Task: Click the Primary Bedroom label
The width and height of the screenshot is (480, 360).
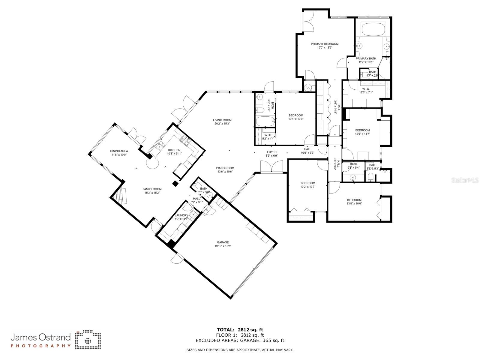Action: pyautogui.click(x=324, y=44)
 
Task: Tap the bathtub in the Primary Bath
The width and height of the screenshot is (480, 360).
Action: pyautogui.click(x=373, y=29)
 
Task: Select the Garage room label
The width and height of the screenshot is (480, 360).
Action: pyautogui.click(x=223, y=242)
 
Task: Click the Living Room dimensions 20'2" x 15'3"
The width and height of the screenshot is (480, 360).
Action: pyautogui.click(x=222, y=124)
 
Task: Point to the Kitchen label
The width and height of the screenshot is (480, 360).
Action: pyautogui.click(x=174, y=150)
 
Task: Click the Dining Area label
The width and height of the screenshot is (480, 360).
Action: pyautogui.click(x=119, y=151)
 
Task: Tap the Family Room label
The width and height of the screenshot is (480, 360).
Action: pyautogui.click(x=152, y=189)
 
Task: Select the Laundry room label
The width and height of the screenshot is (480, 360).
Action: pyautogui.click(x=181, y=215)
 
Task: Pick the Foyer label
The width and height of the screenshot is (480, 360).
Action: pyautogui.click(x=271, y=152)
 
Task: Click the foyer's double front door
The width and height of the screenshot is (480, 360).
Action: pyautogui.click(x=271, y=167)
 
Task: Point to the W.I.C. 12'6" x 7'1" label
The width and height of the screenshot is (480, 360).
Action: pyautogui.click(x=366, y=89)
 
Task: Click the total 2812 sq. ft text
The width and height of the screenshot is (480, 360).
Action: pyautogui.click(x=240, y=330)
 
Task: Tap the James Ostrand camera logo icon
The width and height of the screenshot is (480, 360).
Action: pyautogui.click(x=88, y=340)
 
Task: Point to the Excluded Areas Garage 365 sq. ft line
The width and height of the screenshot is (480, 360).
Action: pyautogui.click(x=240, y=340)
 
